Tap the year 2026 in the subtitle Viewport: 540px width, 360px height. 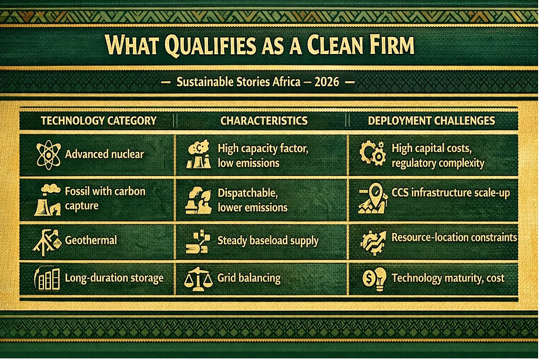point(327,82)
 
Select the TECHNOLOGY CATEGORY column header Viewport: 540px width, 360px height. point(99,121)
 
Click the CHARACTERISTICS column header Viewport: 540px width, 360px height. point(264,121)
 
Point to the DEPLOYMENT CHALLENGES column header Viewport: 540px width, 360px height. point(432,121)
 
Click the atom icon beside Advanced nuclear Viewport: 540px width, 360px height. point(48,155)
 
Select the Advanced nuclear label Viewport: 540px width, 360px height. point(105,154)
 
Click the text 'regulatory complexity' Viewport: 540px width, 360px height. point(438,163)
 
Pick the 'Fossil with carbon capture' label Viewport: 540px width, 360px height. point(105,198)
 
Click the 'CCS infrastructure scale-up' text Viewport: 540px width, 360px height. point(451,193)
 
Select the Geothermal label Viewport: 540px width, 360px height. point(91,240)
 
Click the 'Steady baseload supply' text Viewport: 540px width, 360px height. point(268,241)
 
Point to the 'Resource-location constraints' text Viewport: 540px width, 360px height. point(454,237)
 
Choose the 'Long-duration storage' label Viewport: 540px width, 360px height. point(114,278)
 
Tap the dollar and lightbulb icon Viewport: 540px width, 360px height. point(375,279)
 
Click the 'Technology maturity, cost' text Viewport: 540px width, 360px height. point(448,278)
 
